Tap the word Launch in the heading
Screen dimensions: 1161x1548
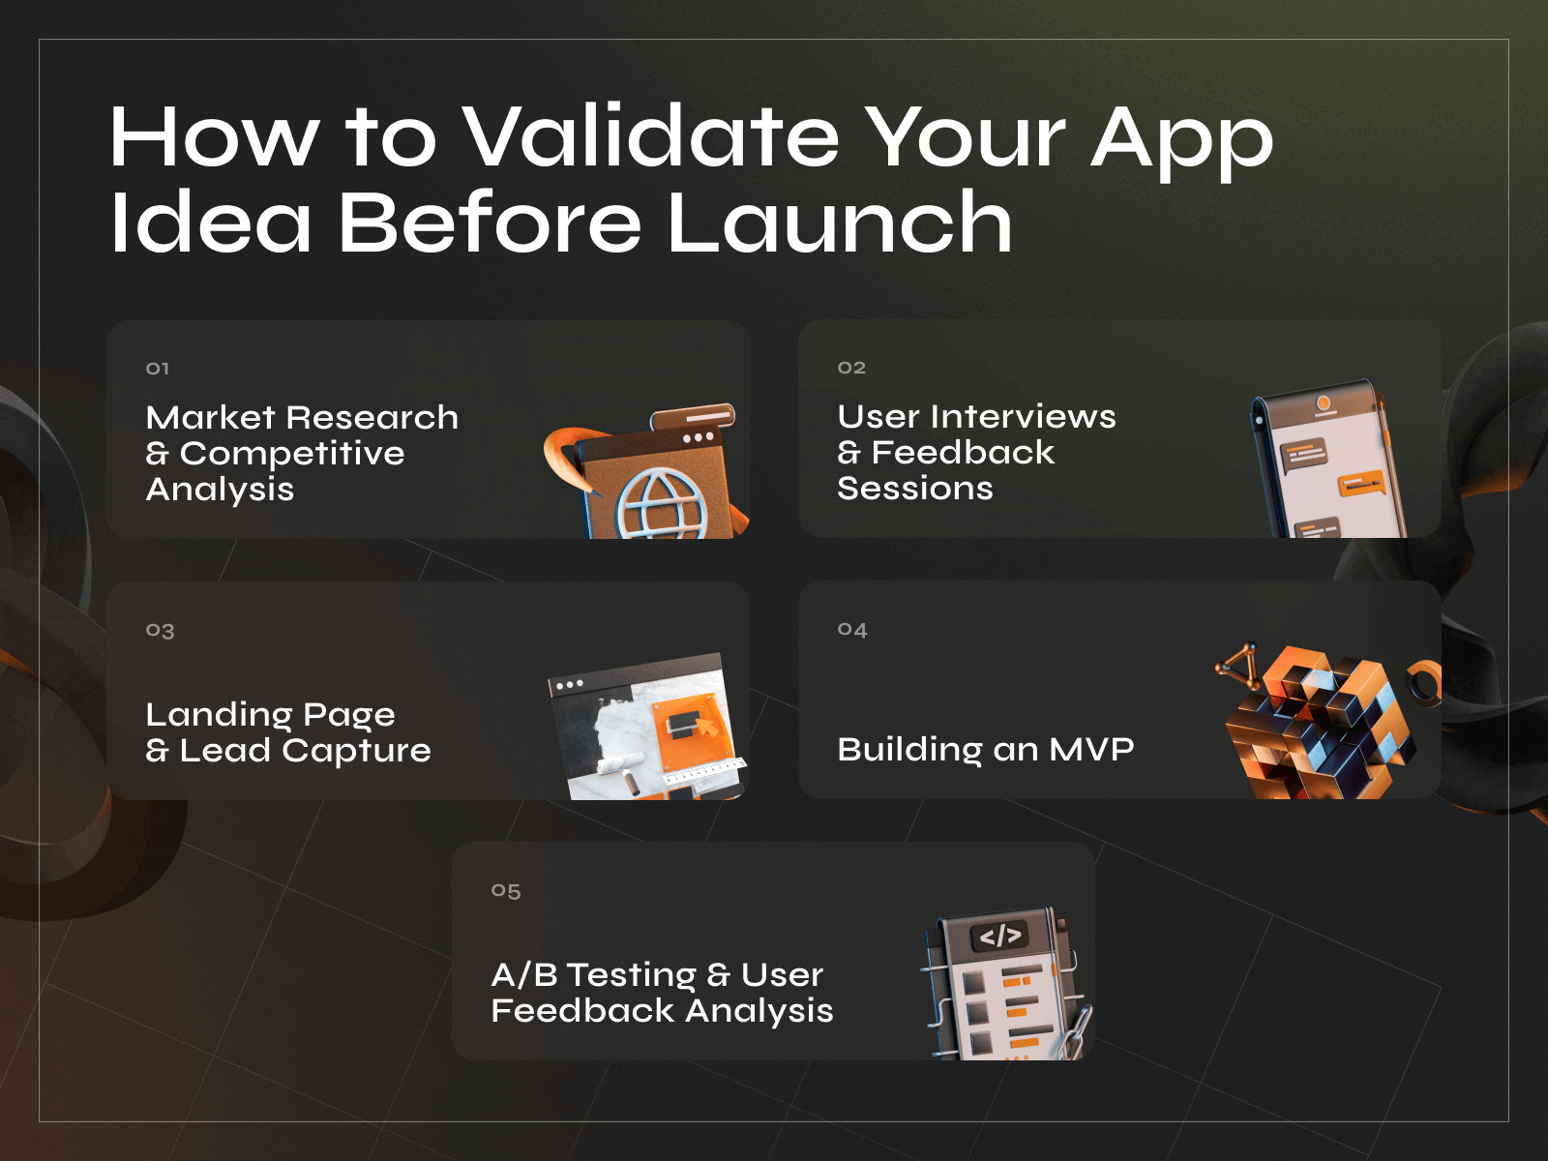pyautogui.click(x=840, y=223)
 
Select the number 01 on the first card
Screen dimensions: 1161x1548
pyautogui.click(x=158, y=369)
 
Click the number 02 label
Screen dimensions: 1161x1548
pyautogui.click(x=851, y=368)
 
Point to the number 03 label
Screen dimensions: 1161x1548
pyautogui.click(x=160, y=631)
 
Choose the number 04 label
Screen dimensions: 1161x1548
pyautogui.click(x=852, y=630)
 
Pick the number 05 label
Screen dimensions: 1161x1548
pyautogui.click(x=506, y=891)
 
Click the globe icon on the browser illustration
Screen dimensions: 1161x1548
pyautogui.click(x=662, y=503)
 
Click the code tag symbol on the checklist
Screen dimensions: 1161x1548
pyautogui.click(x=999, y=936)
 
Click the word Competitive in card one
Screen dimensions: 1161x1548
pyautogui.click(x=292, y=454)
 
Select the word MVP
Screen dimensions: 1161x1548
pyautogui.click(x=1091, y=750)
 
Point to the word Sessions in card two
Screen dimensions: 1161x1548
pyautogui.click(x=914, y=489)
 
